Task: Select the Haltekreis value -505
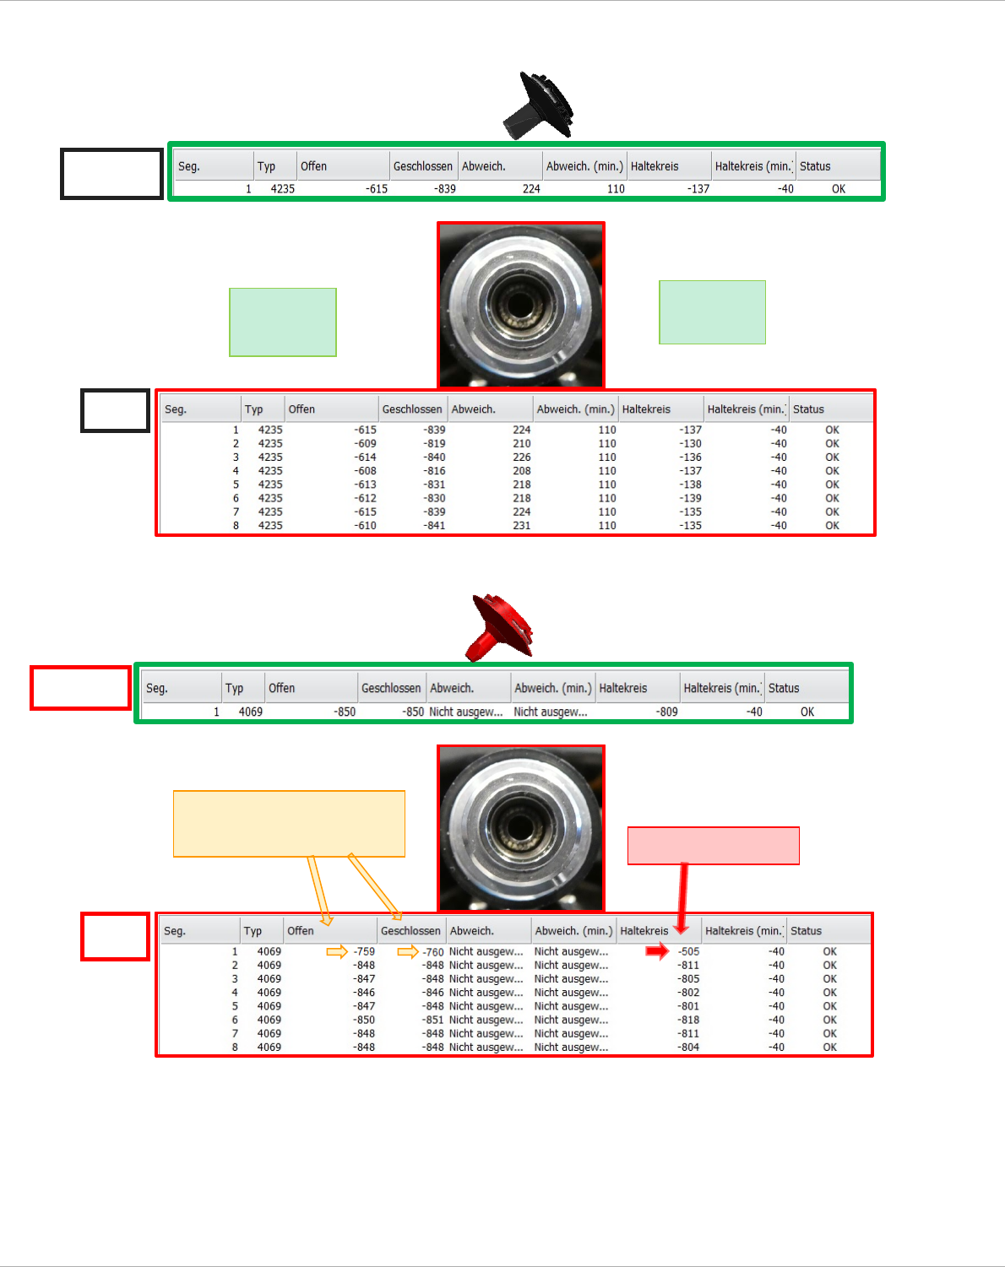pyautogui.click(x=689, y=952)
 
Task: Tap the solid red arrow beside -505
pyautogui.click(x=657, y=951)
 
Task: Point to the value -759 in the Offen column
pyautogui.click(x=364, y=952)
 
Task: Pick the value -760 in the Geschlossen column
pyautogui.click(x=433, y=952)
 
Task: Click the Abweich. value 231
pyautogui.click(x=522, y=526)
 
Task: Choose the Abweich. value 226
pyautogui.click(x=522, y=458)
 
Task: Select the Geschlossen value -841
pyautogui.click(x=434, y=526)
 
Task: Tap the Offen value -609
pyautogui.click(x=366, y=444)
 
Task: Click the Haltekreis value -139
pyautogui.click(x=691, y=499)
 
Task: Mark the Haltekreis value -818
pyautogui.click(x=688, y=1021)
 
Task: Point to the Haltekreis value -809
pyautogui.click(x=667, y=712)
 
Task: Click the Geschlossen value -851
pyautogui.click(x=433, y=1021)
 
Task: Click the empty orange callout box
pyautogui.click(x=289, y=823)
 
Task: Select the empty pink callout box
pyautogui.click(x=713, y=846)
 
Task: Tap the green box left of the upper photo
pyautogui.click(x=283, y=322)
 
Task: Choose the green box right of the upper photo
pyautogui.click(x=712, y=312)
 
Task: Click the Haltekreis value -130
pyautogui.click(x=691, y=444)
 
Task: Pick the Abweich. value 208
pyautogui.click(x=522, y=471)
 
